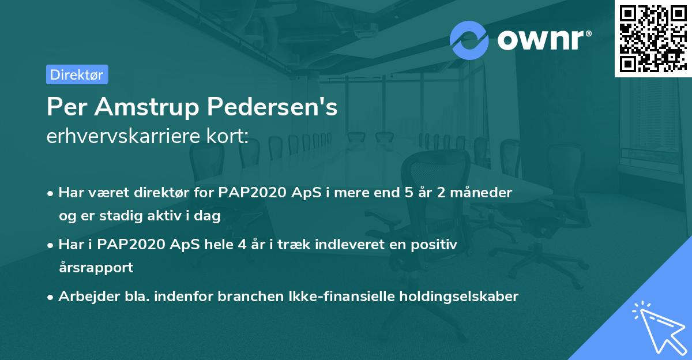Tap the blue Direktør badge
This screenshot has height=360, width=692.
(x=76, y=74)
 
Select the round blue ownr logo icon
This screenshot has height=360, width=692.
(x=469, y=39)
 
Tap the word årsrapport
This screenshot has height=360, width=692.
(x=96, y=268)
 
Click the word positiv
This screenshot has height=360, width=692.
(x=436, y=245)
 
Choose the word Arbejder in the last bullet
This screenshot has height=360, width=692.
(x=83, y=297)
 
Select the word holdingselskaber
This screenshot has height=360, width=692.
(x=456, y=297)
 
